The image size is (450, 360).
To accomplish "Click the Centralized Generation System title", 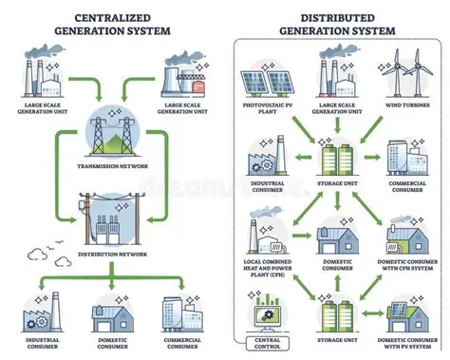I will tap(111, 23).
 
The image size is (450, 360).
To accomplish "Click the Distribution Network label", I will tap(112, 252).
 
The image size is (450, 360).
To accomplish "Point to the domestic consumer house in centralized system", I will tap(112, 304).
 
